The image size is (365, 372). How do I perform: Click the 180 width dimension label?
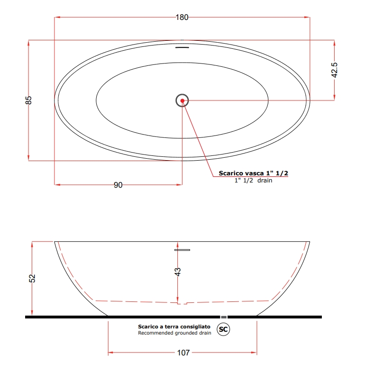182,18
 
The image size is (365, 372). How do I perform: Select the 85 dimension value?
28,100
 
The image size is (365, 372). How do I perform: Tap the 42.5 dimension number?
334,70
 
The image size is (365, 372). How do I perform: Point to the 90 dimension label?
118,185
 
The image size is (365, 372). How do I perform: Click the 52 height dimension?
32,278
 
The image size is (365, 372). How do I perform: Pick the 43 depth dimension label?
177,272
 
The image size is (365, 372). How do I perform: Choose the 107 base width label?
183,353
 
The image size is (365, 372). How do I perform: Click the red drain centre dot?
182,101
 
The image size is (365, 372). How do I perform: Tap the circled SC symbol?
223,329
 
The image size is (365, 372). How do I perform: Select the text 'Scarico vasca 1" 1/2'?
253,173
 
